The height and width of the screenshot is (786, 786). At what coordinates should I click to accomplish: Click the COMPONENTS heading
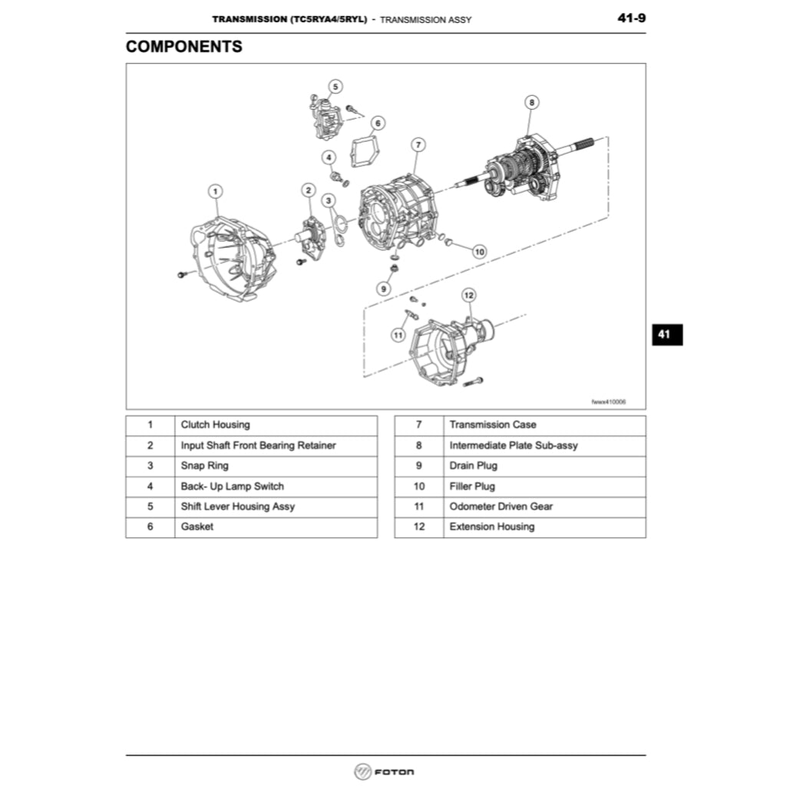pos(184,46)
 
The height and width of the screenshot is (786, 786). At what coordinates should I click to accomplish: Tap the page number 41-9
pos(631,18)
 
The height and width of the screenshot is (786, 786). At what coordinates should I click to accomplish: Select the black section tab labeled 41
pos(665,334)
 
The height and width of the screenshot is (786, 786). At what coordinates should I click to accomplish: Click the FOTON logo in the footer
pos(385,771)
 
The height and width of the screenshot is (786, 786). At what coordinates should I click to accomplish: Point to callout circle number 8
pos(531,101)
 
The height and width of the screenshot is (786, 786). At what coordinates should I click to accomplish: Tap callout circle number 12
pos(469,295)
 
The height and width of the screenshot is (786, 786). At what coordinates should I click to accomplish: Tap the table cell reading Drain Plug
pos(473,466)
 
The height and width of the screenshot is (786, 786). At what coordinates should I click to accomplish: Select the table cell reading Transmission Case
pos(493,425)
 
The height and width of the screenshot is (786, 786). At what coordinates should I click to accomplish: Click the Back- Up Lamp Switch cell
pos(232,487)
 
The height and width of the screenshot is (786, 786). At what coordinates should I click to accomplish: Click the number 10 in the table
pos(419,487)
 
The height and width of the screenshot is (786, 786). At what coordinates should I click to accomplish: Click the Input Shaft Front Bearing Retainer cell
pos(258,445)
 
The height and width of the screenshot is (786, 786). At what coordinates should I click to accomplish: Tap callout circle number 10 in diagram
pos(480,251)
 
